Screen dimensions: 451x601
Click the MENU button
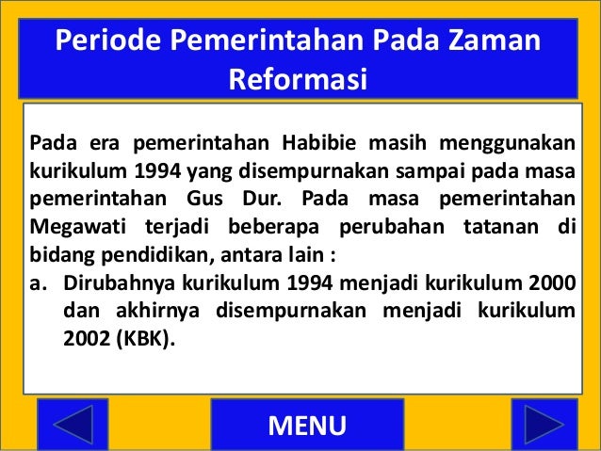point(307,426)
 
